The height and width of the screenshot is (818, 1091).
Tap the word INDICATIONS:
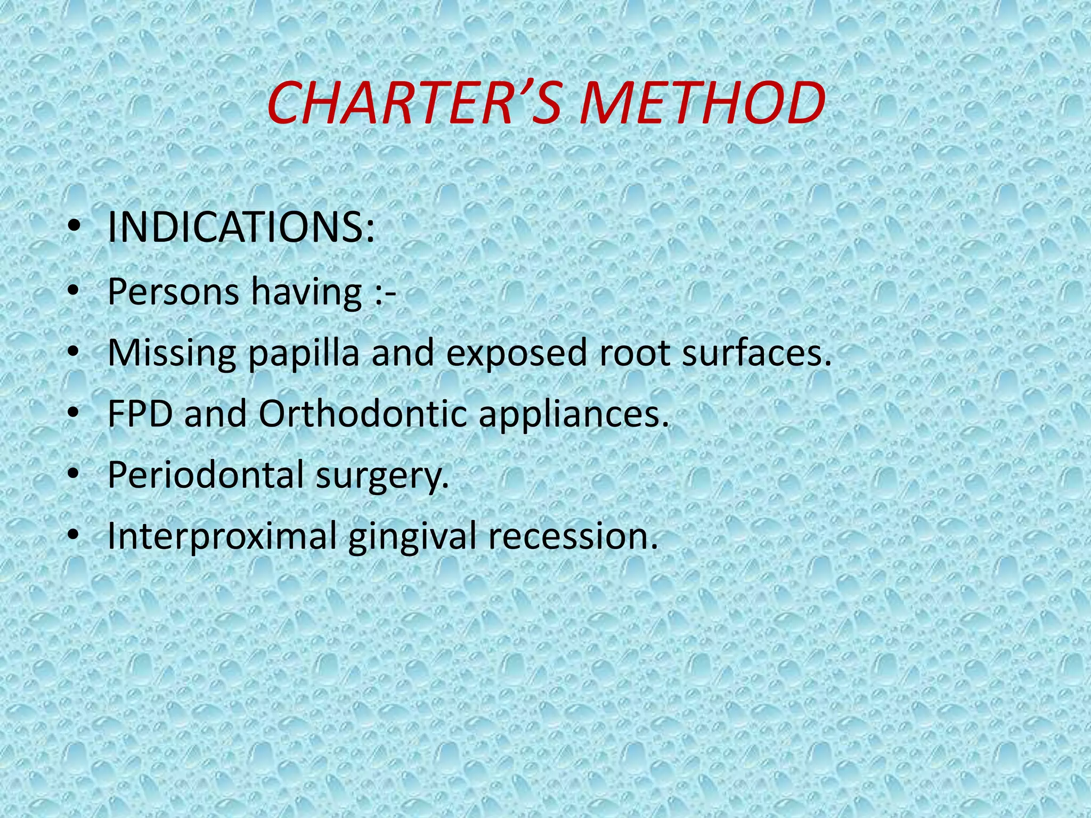pos(241,228)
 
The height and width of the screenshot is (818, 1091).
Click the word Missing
pos(172,354)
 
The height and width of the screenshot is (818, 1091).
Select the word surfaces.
pos(756,353)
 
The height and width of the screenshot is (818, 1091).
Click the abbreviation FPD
pos(140,414)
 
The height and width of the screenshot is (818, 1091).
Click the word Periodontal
pos(205,475)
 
